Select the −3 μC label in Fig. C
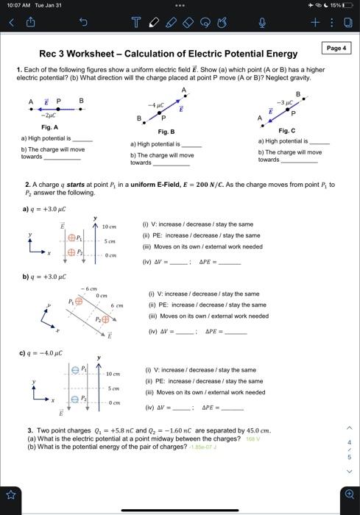285,101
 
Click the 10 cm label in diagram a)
109,227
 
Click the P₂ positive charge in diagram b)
105,319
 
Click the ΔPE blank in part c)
232,407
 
